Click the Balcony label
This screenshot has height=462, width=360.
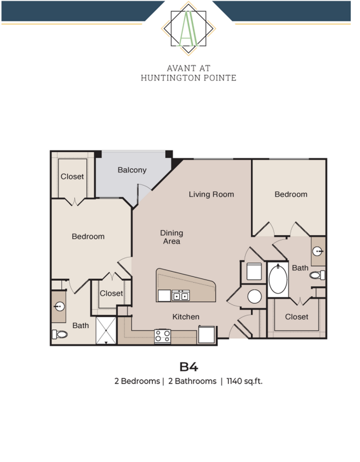click(132, 170)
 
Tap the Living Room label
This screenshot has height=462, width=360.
click(211, 195)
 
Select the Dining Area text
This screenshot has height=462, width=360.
click(172, 237)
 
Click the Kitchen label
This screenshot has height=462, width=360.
click(186, 317)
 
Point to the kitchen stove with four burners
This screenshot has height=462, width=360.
click(163, 336)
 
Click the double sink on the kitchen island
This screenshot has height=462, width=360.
click(181, 296)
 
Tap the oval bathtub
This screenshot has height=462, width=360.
click(278, 280)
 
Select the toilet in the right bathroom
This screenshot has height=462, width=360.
click(317, 275)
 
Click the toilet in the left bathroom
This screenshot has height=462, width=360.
click(60, 334)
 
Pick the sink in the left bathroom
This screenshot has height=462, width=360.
click(59, 306)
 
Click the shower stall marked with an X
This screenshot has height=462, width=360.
click(106, 330)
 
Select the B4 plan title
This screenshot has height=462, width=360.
click(188, 367)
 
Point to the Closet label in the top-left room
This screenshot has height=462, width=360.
click(72, 177)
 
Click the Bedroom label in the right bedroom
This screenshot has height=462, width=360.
click(291, 195)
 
